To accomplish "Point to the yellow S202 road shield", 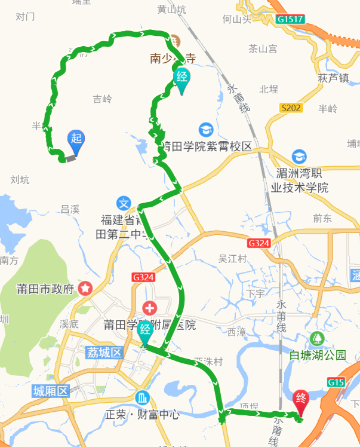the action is pyautogui.click(x=291, y=108).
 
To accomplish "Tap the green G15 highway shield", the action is pyautogui.click(x=336, y=381).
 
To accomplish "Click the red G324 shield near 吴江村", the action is pyautogui.click(x=259, y=243).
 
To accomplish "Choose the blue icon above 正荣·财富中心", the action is pyautogui.click(x=143, y=397).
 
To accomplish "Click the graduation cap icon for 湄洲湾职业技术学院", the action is pyautogui.click(x=299, y=157).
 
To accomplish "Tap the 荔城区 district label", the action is pyautogui.click(x=104, y=353).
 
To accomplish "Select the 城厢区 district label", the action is pyautogui.click(x=51, y=392).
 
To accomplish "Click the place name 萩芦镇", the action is pyautogui.click(x=333, y=78).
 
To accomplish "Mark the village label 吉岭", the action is pyautogui.click(x=102, y=99).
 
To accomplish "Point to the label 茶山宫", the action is pyautogui.click(x=263, y=49).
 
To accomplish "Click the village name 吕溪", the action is pyautogui.click(x=70, y=209).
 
